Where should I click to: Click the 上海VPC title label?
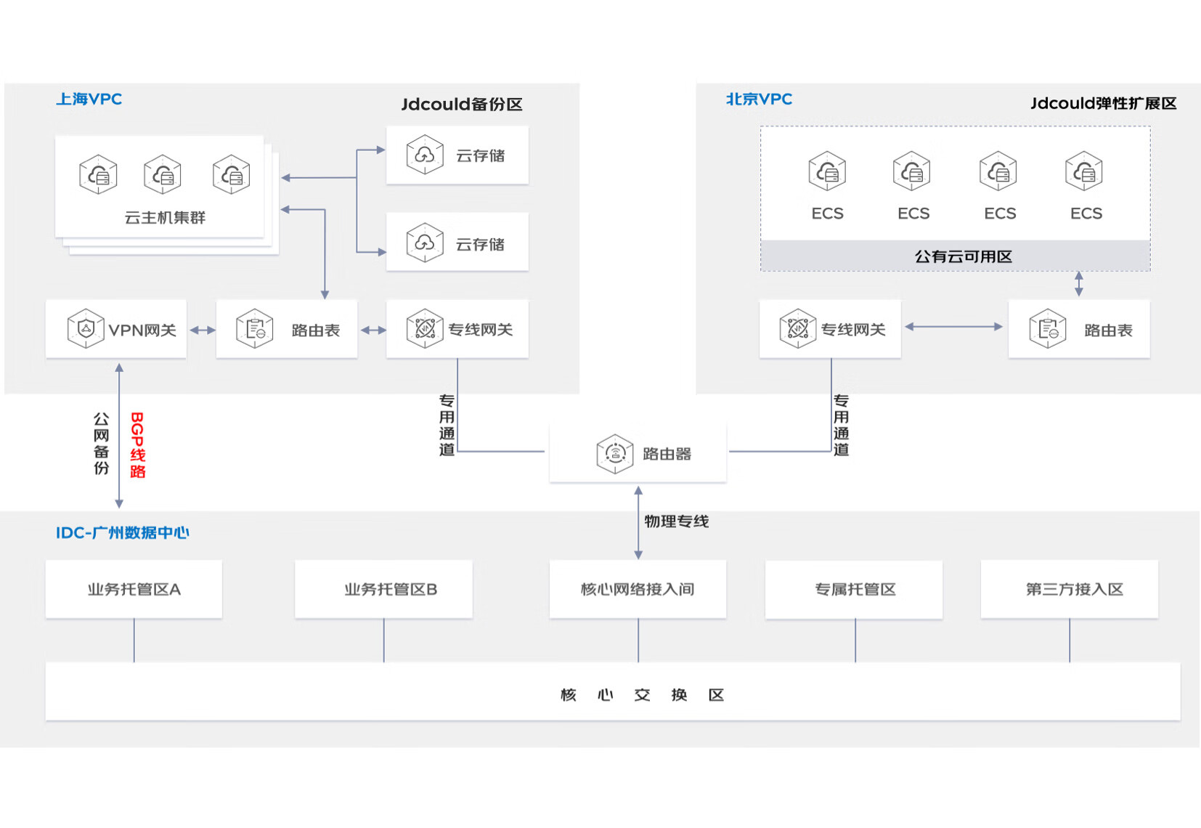click(x=89, y=100)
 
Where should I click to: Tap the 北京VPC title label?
click(x=760, y=100)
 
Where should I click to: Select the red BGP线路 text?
click(x=138, y=445)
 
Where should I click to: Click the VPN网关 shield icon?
click(x=86, y=329)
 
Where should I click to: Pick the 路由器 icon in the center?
click(x=615, y=454)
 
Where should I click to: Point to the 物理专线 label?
click(x=677, y=521)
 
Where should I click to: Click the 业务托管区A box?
click(x=134, y=589)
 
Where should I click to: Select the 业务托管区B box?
click(x=384, y=589)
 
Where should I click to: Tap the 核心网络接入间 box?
click(x=638, y=589)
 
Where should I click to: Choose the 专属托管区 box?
click(x=854, y=589)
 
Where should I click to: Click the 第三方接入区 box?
click(x=1070, y=589)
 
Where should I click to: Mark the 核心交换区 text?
click(x=643, y=695)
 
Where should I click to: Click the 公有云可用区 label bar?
click(x=956, y=256)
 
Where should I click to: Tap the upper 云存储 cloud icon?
click(x=425, y=155)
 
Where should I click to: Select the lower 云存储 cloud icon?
click(x=425, y=243)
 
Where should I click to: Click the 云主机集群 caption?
click(x=165, y=218)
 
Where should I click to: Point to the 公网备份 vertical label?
click(x=102, y=444)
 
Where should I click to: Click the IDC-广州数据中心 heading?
click(x=123, y=532)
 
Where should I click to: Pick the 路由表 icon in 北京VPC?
click(x=1048, y=329)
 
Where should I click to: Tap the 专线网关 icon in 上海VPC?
click(x=425, y=328)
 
